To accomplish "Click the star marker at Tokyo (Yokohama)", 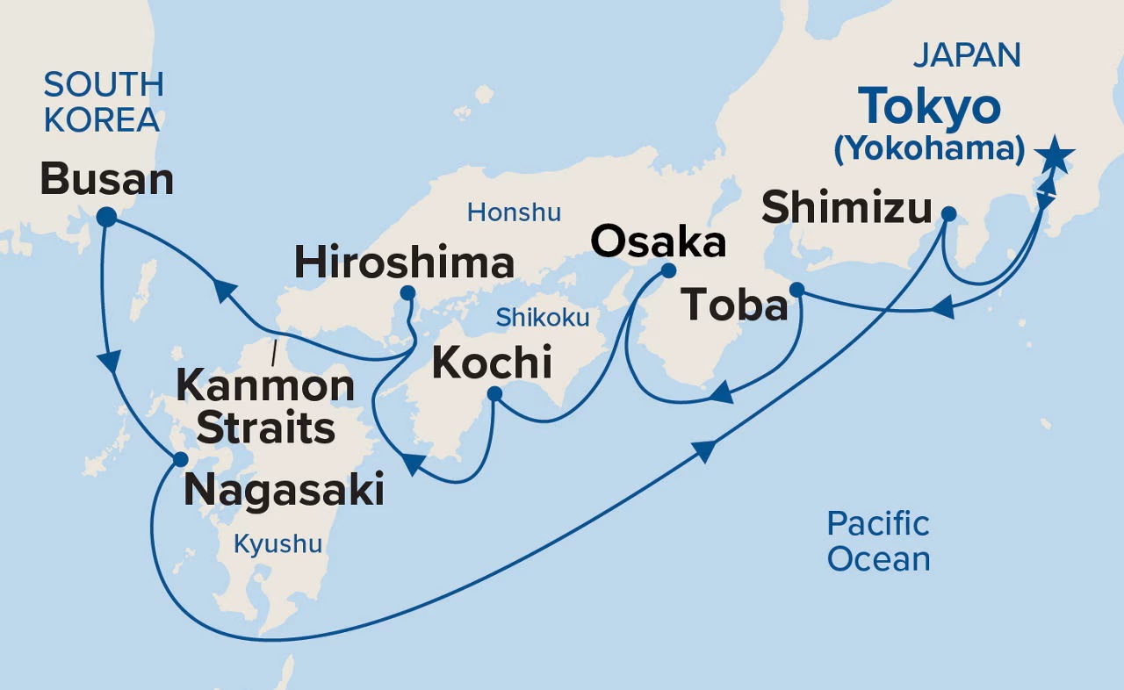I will click(1053, 156).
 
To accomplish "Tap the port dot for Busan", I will click(106, 217).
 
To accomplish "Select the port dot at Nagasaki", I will click(180, 459).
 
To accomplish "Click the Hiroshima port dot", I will click(407, 292).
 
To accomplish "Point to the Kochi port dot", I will click(494, 394).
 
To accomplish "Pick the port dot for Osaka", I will click(667, 270).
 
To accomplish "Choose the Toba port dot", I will click(796, 289).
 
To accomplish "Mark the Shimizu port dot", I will click(948, 213).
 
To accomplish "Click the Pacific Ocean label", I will click(878, 541).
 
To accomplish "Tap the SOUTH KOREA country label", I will click(103, 103).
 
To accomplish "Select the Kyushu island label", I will click(277, 544).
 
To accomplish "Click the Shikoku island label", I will click(542, 317).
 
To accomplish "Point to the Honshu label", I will click(514, 212).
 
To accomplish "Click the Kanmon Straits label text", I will click(266, 406).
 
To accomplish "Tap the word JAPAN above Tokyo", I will click(967, 54).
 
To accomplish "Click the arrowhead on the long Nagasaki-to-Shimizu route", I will click(703, 451).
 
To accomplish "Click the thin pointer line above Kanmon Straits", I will click(275, 352).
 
